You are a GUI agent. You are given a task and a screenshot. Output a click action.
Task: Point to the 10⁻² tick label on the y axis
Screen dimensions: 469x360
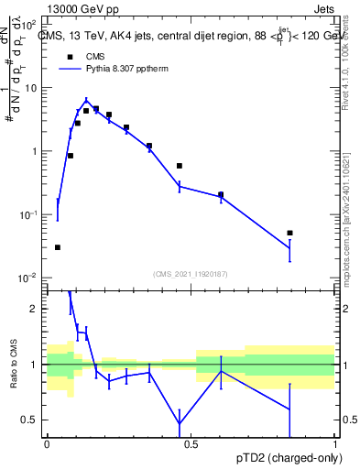pyautogui.click(x=29, y=278)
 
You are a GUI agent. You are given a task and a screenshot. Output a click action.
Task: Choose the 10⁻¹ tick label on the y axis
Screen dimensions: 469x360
pyautogui.click(x=29, y=214)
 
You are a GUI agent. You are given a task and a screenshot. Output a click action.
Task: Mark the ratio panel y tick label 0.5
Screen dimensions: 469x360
pyautogui.click(x=33, y=420)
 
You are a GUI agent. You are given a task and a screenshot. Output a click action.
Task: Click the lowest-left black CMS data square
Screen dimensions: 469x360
pyautogui.click(x=58, y=247)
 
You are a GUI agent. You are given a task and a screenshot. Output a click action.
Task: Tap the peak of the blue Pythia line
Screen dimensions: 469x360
pyautogui.click(x=86, y=102)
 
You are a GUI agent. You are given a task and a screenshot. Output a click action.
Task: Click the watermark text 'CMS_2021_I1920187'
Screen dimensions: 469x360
pyautogui.click(x=191, y=273)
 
